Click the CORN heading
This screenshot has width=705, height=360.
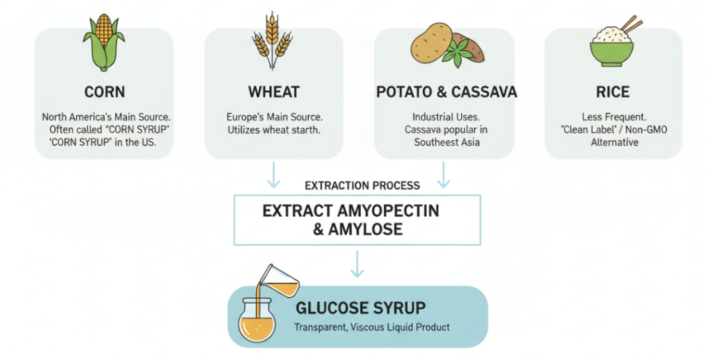click(x=104, y=92)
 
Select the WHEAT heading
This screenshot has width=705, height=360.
click(x=273, y=92)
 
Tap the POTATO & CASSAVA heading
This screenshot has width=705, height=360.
click(x=445, y=92)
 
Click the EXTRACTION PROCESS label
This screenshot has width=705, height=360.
click(x=362, y=186)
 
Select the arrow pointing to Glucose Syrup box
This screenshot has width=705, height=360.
click(x=357, y=264)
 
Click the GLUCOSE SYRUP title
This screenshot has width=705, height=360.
click(x=360, y=307)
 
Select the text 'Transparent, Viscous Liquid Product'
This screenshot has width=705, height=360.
click(x=372, y=327)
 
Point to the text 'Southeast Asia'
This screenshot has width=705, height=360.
click(x=445, y=142)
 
